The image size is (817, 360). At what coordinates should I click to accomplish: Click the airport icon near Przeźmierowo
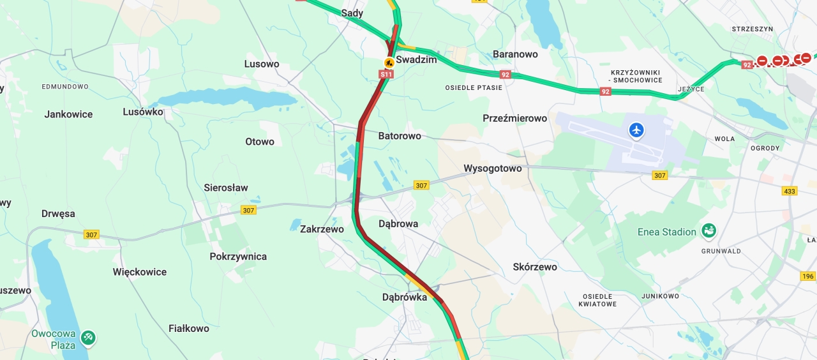636,130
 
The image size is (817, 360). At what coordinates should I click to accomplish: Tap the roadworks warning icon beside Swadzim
388,63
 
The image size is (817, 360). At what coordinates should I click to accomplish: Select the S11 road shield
386,74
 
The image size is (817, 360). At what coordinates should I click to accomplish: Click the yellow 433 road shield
790,191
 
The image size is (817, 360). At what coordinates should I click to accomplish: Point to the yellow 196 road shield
808,276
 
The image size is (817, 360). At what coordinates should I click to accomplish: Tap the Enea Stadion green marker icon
708,230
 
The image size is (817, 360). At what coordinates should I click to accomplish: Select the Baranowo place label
515,54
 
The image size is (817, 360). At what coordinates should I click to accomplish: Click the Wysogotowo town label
492,169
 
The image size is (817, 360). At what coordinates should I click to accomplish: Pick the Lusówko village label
143,112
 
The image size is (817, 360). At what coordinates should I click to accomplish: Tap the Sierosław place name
225,188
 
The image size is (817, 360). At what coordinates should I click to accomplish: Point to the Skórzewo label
535,267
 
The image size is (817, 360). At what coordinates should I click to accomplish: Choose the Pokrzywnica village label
238,257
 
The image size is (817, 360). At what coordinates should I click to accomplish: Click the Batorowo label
400,136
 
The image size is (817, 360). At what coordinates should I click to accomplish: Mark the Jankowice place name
68,114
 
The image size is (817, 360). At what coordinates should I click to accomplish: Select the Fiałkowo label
188,329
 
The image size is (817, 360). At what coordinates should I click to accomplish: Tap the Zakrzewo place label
322,229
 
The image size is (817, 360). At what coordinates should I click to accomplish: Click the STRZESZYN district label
753,29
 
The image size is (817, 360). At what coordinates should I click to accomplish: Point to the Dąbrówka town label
404,297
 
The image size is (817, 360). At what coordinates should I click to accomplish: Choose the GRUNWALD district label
721,251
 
